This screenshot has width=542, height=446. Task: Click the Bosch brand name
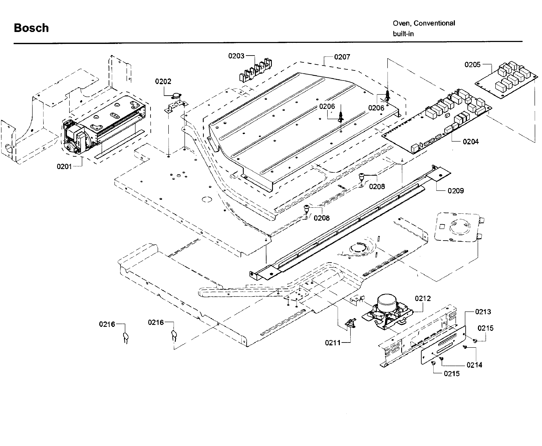(x=31, y=28)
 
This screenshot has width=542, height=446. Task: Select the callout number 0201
(x=64, y=167)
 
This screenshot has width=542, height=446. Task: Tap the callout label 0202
(x=163, y=81)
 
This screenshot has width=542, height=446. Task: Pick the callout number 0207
(x=342, y=57)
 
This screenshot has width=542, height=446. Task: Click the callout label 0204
(x=471, y=142)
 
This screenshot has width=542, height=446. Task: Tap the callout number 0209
(x=456, y=191)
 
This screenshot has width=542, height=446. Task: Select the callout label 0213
(x=483, y=312)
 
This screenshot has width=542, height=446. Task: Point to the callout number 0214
(x=474, y=365)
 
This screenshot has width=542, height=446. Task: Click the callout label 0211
(x=333, y=343)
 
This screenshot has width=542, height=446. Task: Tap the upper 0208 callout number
(x=377, y=187)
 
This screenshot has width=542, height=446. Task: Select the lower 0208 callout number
(x=321, y=218)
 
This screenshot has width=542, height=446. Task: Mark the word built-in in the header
(x=403, y=34)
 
